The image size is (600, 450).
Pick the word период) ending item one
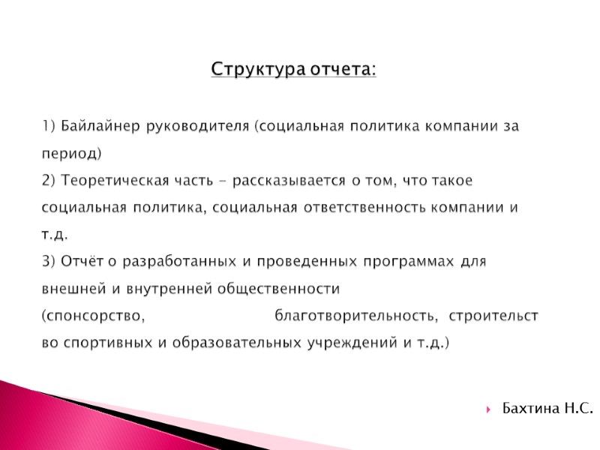point(71,153)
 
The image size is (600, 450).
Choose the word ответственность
point(362,208)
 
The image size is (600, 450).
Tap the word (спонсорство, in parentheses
point(92,316)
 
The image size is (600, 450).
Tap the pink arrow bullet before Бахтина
point(489,409)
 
